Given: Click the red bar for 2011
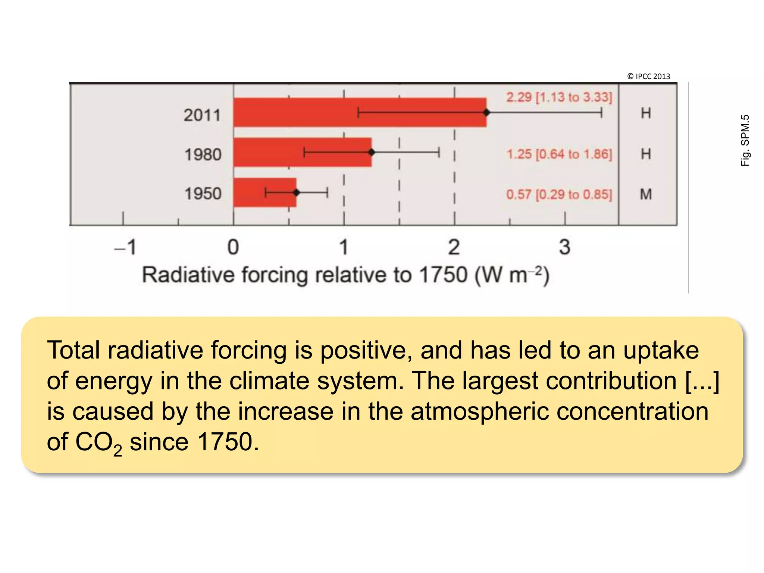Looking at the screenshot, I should pyautogui.click(x=298, y=112).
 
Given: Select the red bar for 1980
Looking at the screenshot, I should pyautogui.click(x=269, y=152).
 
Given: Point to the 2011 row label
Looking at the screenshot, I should pyautogui.click(x=203, y=115).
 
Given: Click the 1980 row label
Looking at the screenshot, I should pyautogui.click(x=203, y=154).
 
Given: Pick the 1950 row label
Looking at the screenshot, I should pyautogui.click(x=203, y=194).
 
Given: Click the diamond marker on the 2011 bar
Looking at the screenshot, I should pyautogui.click(x=486, y=112).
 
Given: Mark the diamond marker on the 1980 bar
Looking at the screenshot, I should pyautogui.click(x=372, y=152).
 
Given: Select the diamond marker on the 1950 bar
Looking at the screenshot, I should pyautogui.click(x=296, y=192).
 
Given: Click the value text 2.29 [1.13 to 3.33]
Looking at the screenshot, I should pyautogui.click(x=559, y=97).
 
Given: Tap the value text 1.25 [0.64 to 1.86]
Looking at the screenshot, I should pyautogui.click(x=559, y=154).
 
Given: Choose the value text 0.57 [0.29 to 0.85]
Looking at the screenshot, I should pyautogui.click(x=559, y=194).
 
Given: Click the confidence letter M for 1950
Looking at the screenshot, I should pyautogui.click(x=646, y=194).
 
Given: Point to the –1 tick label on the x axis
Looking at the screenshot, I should pyautogui.click(x=125, y=247).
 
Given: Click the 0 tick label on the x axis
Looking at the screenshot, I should pyautogui.click(x=233, y=247).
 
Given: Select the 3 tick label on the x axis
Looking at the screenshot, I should pyautogui.click(x=564, y=247).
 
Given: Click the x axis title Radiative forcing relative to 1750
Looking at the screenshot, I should pyautogui.click(x=345, y=275).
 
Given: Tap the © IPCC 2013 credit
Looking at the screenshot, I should pyautogui.click(x=648, y=76).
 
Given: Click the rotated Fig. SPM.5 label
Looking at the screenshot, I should pyautogui.click(x=745, y=140).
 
